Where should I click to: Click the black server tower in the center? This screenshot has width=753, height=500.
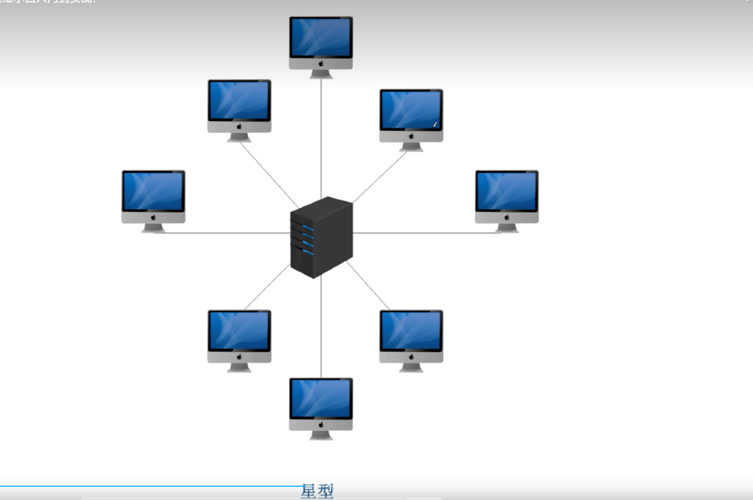point(321,237)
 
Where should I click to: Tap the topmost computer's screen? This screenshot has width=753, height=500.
point(321,37)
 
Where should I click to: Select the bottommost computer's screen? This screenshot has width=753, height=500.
point(321,398)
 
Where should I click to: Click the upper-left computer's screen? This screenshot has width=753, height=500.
point(239,101)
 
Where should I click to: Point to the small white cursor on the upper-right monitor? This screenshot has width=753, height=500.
point(435,124)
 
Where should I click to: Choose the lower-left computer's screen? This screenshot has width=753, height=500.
point(239,331)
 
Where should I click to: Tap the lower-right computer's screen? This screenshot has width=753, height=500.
point(411,331)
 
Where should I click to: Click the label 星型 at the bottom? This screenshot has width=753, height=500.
point(317,491)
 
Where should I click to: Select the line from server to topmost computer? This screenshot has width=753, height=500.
point(321,138)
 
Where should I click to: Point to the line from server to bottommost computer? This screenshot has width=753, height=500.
point(321,327)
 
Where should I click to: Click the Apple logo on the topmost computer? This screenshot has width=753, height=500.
point(321,64)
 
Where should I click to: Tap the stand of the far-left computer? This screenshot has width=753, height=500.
point(153,229)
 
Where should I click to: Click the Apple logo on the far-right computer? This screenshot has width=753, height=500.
point(507,218)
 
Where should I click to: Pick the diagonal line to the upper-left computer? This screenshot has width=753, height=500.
point(269,174)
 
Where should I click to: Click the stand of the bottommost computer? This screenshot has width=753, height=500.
point(321,435)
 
